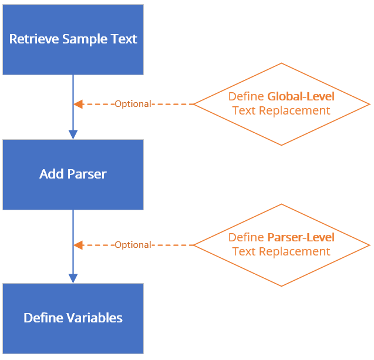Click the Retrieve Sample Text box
point(73,39)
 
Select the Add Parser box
point(73,174)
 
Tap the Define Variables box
point(73,318)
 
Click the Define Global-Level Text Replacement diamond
point(281,104)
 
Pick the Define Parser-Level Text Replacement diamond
point(281,245)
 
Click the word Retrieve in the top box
point(30,39)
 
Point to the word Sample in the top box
point(80,39)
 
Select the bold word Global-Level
point(301,97)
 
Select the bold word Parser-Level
point(301,238)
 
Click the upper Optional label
point(133,104)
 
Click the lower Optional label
point(133,245)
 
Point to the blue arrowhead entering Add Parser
point(73,134)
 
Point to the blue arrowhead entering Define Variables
point(73,278)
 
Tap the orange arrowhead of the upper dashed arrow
point(78,104)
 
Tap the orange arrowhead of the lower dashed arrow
point(78,245)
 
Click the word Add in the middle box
point(49,174)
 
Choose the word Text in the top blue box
point(124,39)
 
